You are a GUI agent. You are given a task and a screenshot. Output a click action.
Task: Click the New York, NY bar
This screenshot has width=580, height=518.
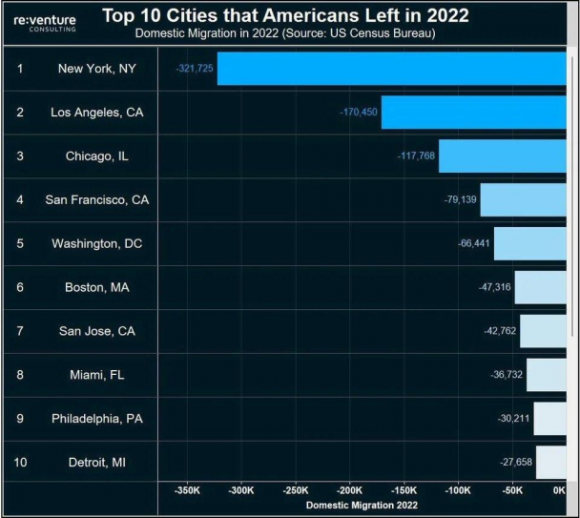point(391,69)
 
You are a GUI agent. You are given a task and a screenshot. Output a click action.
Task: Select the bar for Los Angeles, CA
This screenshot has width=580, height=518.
point(473,113)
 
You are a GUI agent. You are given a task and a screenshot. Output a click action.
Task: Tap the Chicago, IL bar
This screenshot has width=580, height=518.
point(502,156)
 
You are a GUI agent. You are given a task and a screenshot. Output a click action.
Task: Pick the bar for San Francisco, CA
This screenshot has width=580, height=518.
point(523,200)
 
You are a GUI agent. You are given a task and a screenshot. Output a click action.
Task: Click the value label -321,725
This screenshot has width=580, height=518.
point(195,70)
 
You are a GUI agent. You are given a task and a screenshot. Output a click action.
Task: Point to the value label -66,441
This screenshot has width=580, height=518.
point(474,244)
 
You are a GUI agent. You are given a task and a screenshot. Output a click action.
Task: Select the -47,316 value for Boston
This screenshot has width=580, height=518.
point(494,287)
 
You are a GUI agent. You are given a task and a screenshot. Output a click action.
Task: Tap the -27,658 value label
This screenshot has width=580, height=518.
point(515,462)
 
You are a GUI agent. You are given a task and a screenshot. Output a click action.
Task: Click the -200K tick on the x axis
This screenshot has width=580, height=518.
point(350,491)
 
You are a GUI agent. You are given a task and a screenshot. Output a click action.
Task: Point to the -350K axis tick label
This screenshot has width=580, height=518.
point(187,491)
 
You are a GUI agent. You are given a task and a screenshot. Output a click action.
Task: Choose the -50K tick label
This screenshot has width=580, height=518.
point(512,491)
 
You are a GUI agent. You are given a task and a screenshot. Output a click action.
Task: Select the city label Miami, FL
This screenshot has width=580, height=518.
point(97,375)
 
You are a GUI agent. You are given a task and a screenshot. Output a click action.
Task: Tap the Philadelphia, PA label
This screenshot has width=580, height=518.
point(97,418)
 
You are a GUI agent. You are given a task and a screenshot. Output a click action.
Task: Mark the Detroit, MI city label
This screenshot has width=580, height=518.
point(97,462)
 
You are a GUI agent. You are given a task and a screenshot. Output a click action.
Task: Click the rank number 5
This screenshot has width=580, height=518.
point(20,244)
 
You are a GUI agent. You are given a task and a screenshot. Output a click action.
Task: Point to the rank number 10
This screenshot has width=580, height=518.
point(21,462)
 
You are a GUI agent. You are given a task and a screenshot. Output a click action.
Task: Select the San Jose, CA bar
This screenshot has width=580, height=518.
point(542,331)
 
